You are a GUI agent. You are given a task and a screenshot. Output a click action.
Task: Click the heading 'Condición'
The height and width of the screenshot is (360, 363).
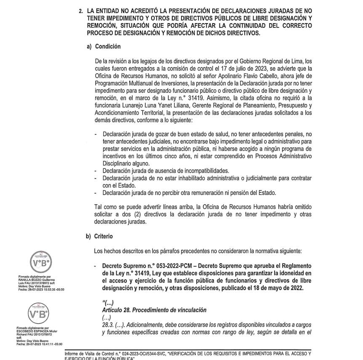108,46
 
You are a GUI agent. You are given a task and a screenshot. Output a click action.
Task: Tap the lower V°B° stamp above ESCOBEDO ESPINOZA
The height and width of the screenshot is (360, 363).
38,313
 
